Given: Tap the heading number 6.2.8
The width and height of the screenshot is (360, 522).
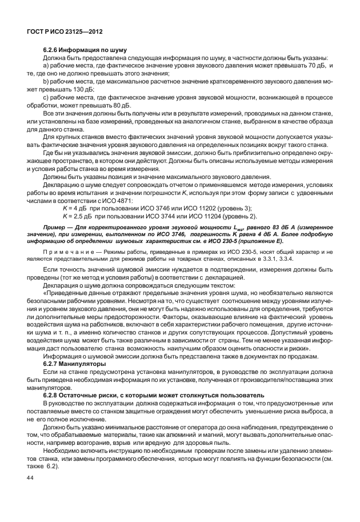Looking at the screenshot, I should click(x=53, y=395).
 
